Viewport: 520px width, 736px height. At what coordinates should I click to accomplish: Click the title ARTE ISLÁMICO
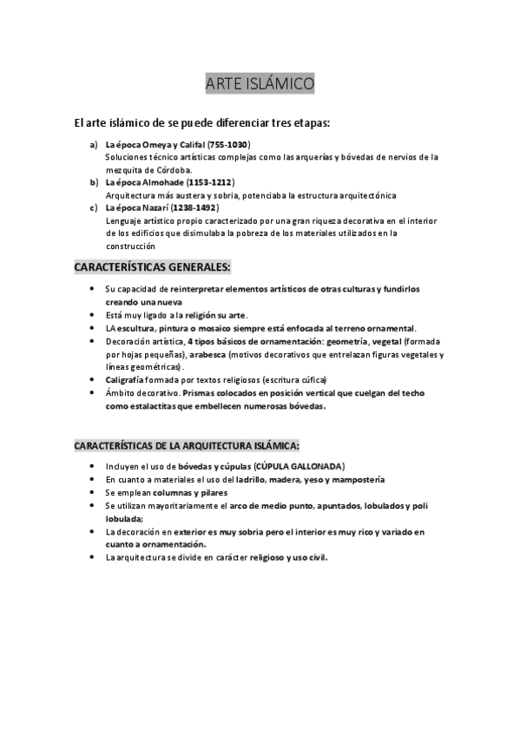(260, 83)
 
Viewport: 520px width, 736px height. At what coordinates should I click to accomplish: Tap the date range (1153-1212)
(211, 183)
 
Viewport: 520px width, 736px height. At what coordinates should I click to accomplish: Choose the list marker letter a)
(94, 144)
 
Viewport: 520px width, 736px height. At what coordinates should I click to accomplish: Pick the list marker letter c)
(94, 208)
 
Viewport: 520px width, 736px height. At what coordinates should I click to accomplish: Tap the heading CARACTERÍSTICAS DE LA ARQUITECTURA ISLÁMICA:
(187, 445)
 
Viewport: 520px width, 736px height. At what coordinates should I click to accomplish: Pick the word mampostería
(352, 479)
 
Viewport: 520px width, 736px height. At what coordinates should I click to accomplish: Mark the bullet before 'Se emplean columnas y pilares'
(94, 492)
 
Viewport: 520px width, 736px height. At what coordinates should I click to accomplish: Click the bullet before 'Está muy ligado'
(94, 315)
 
